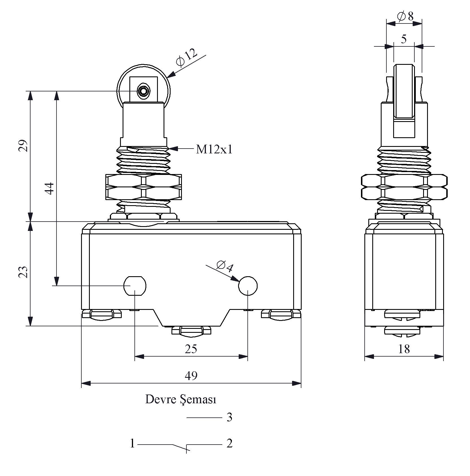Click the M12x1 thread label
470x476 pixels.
click(214, 149)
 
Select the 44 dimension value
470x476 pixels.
click(50, 188)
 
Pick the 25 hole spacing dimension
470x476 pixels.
click(191, 349)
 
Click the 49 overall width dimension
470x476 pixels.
click(191, 376)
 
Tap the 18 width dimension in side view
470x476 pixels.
click(404, 349)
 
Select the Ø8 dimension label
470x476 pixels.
click(405, 16)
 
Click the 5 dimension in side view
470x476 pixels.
click(404, 39)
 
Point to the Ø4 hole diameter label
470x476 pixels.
click(225, 266)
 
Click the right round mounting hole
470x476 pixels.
click(248, 286)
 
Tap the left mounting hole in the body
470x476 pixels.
click(135, 286)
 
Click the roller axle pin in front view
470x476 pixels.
click(143, 91)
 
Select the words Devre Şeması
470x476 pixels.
click(181, 400)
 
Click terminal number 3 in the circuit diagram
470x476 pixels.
click(229, 417)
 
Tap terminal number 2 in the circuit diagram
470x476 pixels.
click(229, 443)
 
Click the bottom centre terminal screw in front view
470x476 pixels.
click(192, 331)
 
